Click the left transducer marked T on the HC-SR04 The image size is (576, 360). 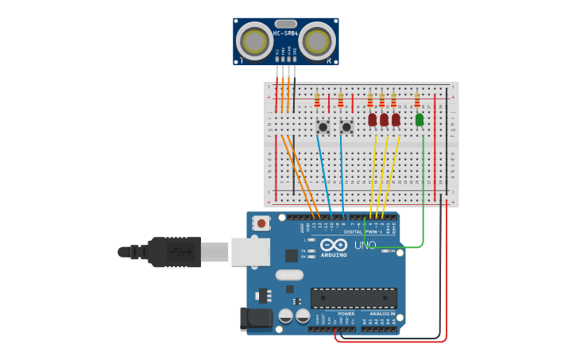[x=255, y=41]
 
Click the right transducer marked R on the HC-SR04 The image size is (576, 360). [x=317, y=39]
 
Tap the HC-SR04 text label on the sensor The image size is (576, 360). [x=285, y=33]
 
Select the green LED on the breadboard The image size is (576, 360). [x=419, y=119]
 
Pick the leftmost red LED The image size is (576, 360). [x=372, y=119]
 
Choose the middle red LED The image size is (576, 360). [x=384, y=119]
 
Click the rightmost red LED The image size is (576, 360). [x=396, y=119]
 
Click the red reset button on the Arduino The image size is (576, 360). [x=261, y=224]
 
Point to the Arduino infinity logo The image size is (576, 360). [x=334, y=244]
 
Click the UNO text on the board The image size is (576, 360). [x=365, y=246]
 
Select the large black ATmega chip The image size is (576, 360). [x=354, y=298]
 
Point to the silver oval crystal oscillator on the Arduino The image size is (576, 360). [x=289, y=275]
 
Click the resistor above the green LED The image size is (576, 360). [x=417, y=100]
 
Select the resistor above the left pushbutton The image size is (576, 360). [x=317, y=101]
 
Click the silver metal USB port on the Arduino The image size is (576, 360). [x=249, y=252]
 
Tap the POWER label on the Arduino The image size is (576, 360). [x=346, y=313]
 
